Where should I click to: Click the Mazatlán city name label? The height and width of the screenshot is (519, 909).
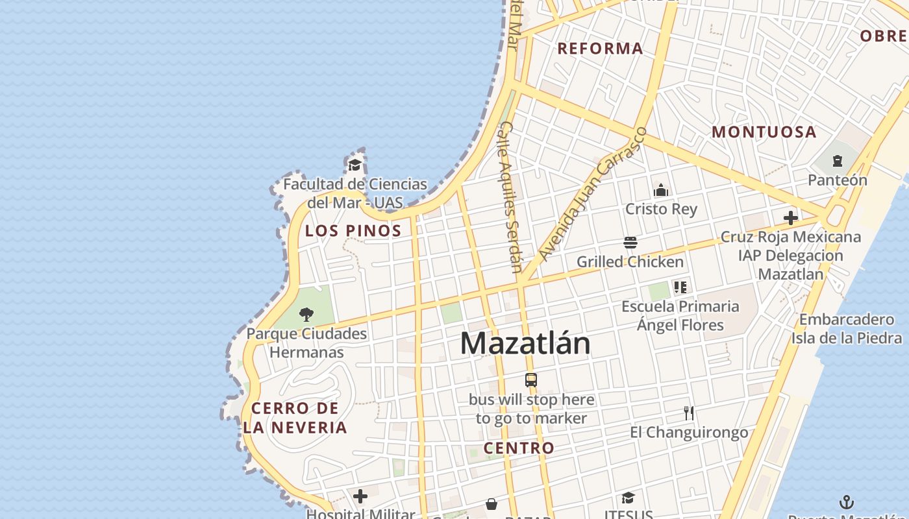[525, 343]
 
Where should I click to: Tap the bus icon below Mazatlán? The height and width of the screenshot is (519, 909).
[531, 380]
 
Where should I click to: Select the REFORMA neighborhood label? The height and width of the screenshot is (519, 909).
[600, 48]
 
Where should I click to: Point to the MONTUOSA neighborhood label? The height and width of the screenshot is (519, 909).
[764, 132]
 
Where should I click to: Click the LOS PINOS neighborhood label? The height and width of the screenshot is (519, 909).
[353, 230]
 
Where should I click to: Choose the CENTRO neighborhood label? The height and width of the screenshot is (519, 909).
[519, 448]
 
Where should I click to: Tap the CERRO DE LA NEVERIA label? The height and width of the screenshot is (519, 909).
[295, 418]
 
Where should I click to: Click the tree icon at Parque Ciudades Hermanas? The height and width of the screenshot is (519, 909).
[306, 315]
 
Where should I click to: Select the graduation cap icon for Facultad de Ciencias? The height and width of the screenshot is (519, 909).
[355, 165]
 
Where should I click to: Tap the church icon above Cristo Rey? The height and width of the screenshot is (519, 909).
[661, 190]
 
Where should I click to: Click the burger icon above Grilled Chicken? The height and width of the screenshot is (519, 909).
[630, 243]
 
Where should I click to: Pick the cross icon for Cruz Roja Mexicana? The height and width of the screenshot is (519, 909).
[790, 218]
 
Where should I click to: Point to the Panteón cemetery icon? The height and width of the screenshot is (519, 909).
[838, 161]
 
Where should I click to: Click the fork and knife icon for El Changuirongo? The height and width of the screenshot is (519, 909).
[689, 413]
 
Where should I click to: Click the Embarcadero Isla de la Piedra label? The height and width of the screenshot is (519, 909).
[846, 328]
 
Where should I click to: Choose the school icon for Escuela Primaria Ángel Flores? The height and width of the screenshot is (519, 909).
[680, 287]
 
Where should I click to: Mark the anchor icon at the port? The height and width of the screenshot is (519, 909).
[847, 501]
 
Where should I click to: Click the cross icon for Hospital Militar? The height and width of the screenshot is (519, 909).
[360, 497]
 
